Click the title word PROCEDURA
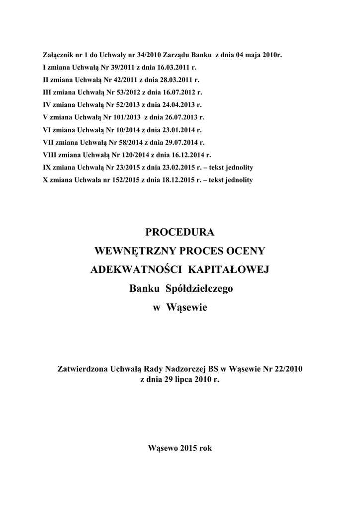[180, 232]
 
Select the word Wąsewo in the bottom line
[162, 447]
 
